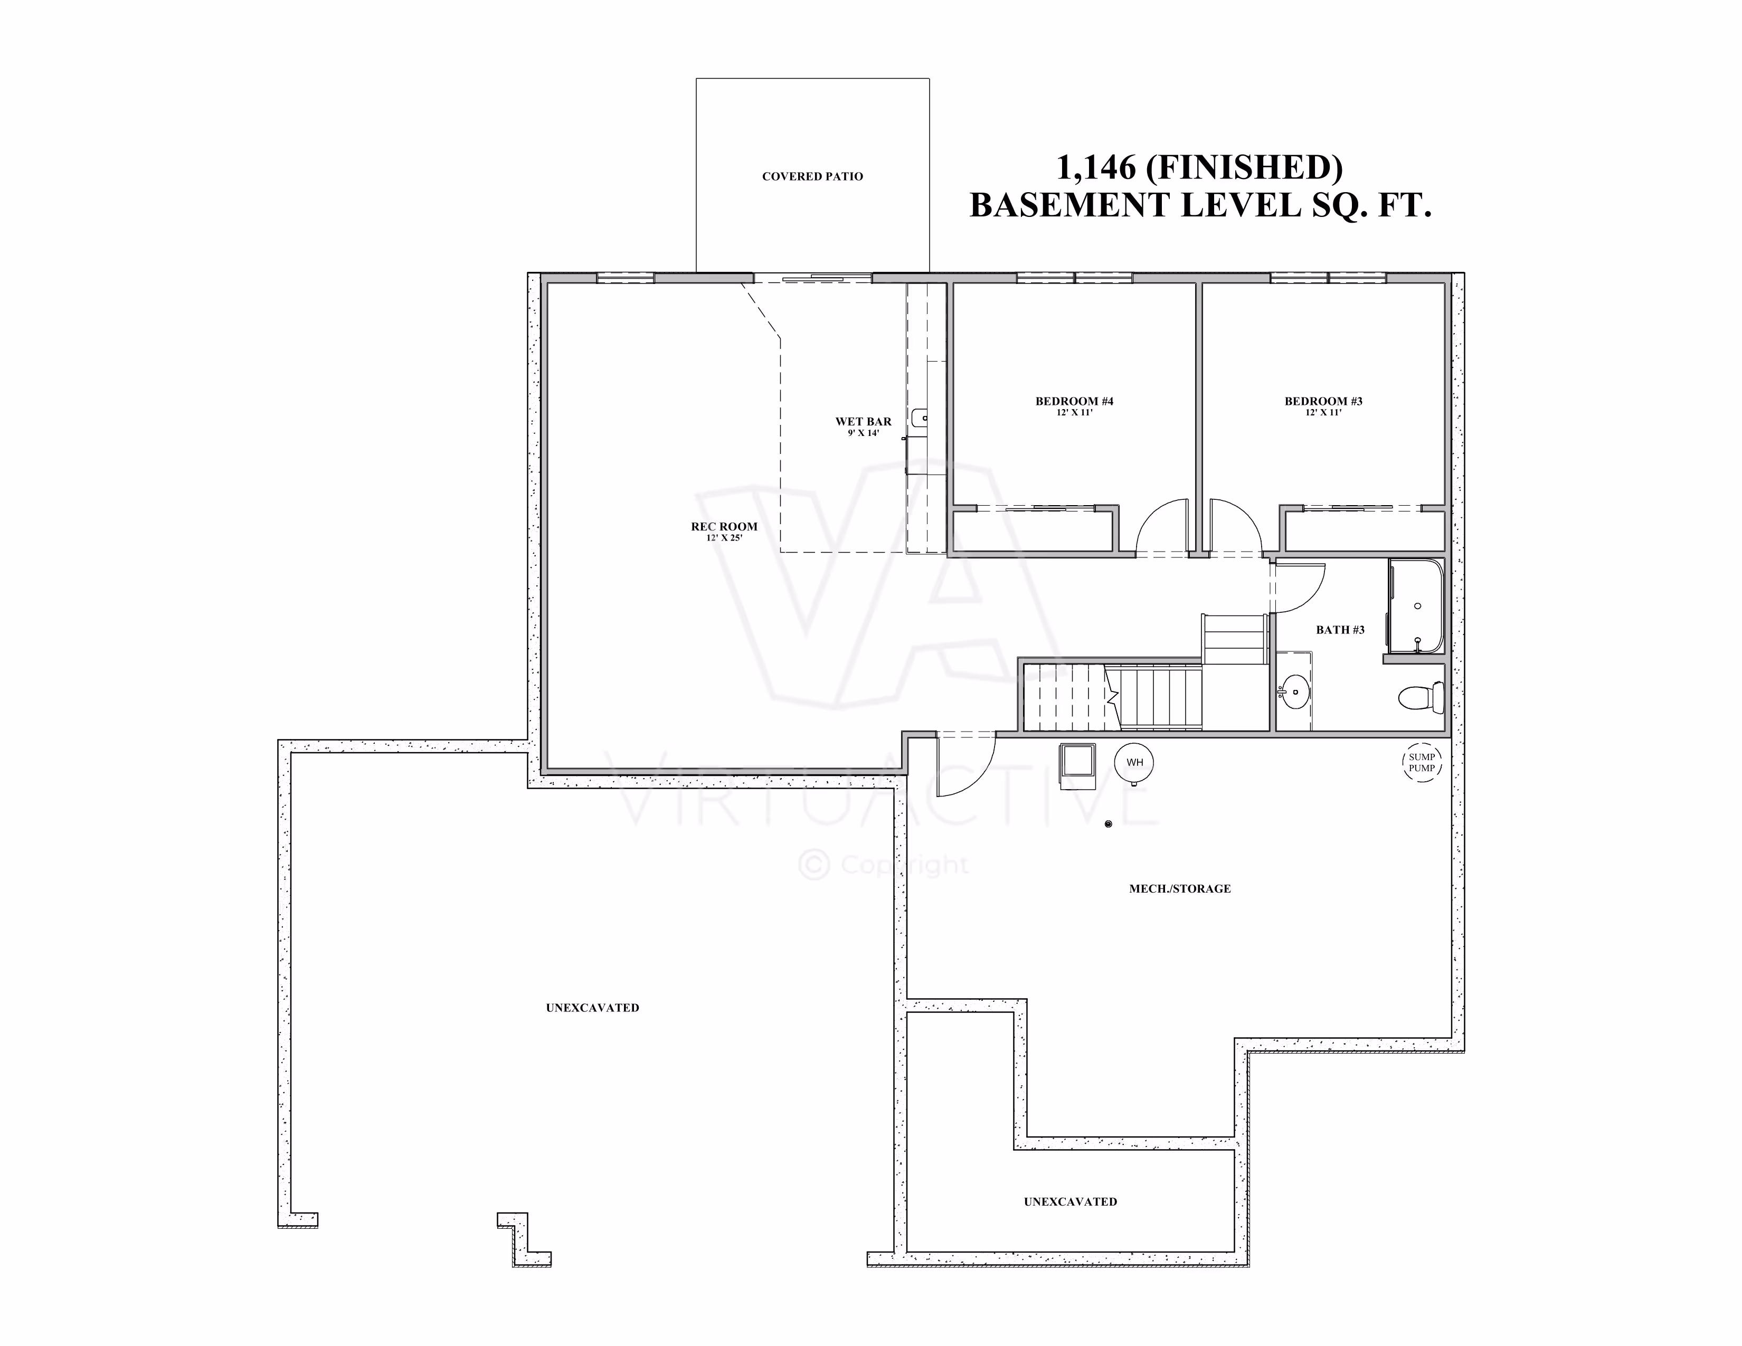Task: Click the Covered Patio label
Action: click(812, 176)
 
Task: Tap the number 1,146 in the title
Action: click(1095, 167)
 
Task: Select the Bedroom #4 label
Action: click(1074, 401)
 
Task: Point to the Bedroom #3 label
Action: click(1323, 401)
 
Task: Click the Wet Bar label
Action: click(863, 421)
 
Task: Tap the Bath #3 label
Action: click(1340, 630)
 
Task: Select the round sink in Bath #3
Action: click(1294, 691)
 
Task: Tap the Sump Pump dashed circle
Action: click(1422, 762)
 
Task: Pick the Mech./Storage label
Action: click(1180, 888)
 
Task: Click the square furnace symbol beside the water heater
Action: click(1076, 760)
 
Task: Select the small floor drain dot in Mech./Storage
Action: click(1108, 824)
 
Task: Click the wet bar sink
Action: click(919, 416)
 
